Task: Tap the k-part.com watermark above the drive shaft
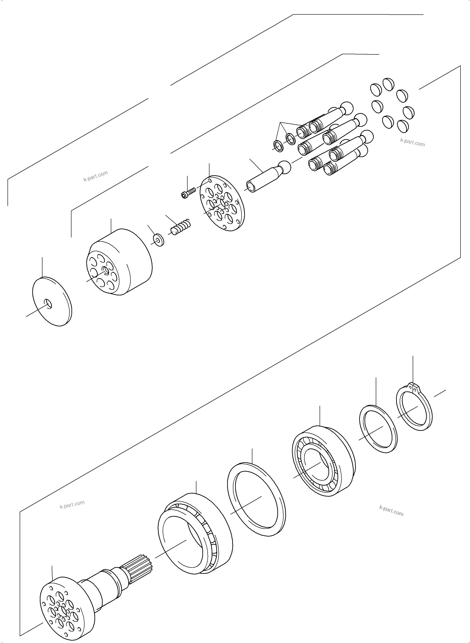coord(72,505)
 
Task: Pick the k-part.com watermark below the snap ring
coord(391,510)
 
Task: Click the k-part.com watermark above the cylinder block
coord(96,177)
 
